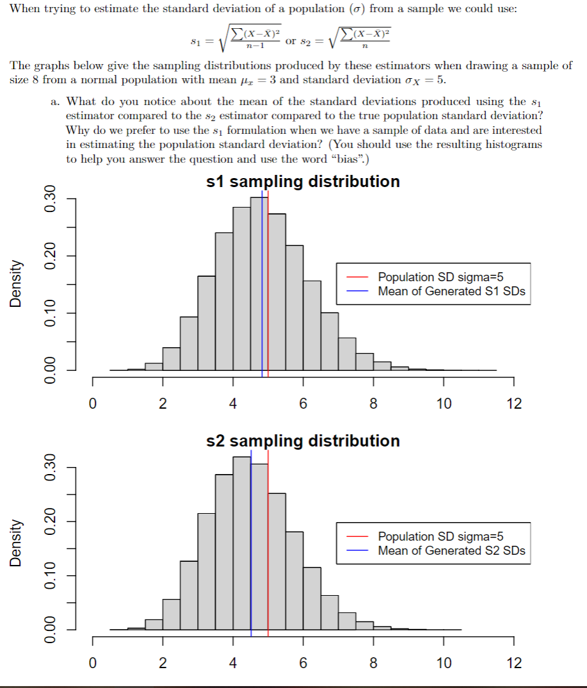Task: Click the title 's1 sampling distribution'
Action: point(303,182)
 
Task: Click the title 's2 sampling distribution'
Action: point(303,441)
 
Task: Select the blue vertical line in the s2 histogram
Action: point(251,545)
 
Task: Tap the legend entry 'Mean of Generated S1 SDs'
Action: point(451,291)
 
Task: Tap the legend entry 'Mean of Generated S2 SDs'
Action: point(451,550)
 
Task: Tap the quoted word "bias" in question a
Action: point(346,159)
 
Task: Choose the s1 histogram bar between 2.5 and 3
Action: point(189,344)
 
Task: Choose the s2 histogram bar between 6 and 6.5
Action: point(312,599)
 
